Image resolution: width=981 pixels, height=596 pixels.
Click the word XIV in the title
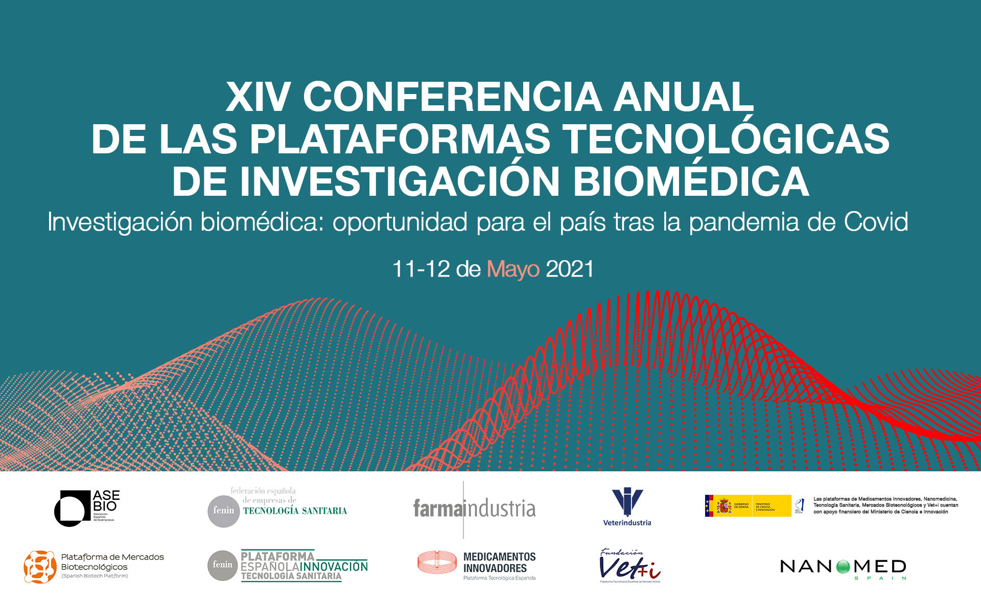[258, 97]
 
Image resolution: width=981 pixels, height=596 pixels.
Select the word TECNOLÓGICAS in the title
[726, 139]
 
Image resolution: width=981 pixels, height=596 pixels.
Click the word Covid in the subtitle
[876, 222]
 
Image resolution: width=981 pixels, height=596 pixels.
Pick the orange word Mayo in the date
[513, 269]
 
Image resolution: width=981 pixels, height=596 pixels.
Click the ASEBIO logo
[87, 508]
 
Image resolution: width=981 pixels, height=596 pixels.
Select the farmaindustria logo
[474, 509]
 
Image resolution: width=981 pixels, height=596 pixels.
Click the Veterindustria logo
[627, 507]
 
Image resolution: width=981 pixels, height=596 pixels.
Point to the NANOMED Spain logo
[843, 567]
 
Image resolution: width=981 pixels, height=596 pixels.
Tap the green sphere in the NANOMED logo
[843, 566]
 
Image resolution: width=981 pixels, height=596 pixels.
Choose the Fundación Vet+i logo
[629, 566]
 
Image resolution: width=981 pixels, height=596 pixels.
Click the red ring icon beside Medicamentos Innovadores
[437, 562]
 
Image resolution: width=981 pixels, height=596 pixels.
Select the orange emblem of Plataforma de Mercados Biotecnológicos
[40, 567]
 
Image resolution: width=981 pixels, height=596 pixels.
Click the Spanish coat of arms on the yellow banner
[723, 506]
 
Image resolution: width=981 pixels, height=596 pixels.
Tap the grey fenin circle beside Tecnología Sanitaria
[224, 511]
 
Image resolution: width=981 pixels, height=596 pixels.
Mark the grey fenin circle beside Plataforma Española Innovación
[223, 565]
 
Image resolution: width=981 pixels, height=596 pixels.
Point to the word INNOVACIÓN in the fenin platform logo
[334, 566]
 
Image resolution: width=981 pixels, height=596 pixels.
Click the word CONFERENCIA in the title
[452, 97]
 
